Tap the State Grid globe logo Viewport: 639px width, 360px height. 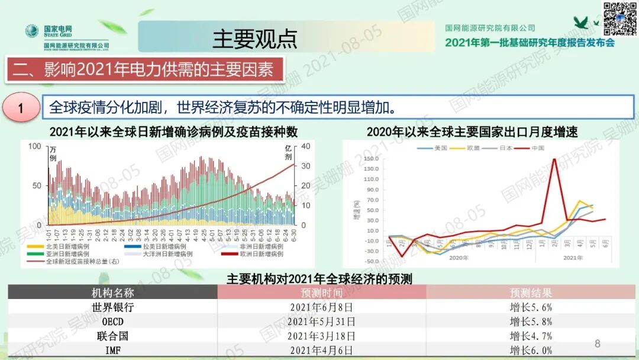tap(31, 30)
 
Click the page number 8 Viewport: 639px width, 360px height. tap(597, 343)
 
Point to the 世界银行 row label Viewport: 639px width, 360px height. tap(112, 307)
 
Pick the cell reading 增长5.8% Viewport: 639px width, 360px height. tap(531, 322)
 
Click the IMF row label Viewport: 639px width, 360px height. tap(112, 349)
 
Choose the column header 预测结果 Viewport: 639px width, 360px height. tap(531, 292)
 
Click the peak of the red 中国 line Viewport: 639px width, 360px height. tap(554, 159)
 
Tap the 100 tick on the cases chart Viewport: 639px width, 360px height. tap(35, 147)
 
